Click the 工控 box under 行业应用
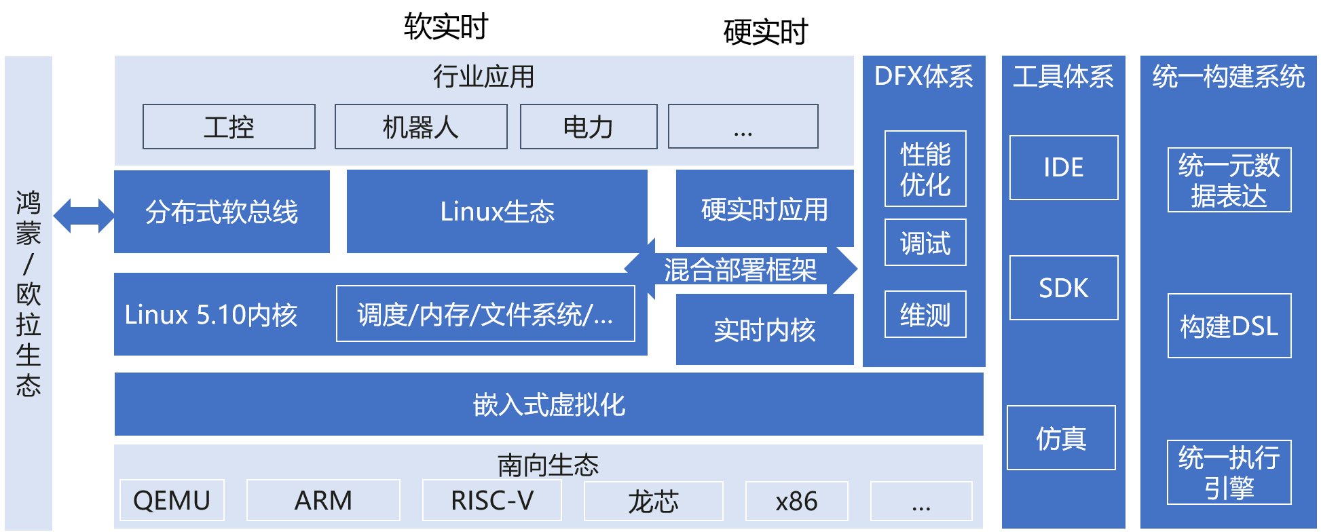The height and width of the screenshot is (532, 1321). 229,127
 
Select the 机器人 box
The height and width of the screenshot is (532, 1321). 421,127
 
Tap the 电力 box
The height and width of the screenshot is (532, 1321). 589,127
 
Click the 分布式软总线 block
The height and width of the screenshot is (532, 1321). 222,212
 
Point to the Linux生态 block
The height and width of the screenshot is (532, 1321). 497,212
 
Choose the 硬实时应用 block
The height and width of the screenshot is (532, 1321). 764,209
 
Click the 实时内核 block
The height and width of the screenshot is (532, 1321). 764,330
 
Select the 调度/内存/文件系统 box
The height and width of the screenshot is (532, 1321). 485,314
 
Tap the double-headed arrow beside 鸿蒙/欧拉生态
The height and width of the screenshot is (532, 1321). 83,216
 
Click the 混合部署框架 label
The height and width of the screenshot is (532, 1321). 740,269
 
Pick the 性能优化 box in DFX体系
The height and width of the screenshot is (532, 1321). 925,169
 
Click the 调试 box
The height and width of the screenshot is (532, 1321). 925,242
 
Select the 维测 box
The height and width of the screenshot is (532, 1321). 925,314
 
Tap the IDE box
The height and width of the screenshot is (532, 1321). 1064,168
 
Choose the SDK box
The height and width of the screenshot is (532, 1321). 1064,288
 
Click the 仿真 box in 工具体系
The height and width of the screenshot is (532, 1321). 1061,438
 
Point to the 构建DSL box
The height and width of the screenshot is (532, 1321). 1229,326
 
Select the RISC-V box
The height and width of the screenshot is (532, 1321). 492,501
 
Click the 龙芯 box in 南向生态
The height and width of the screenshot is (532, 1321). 653,501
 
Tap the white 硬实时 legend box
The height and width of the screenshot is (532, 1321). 766,32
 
